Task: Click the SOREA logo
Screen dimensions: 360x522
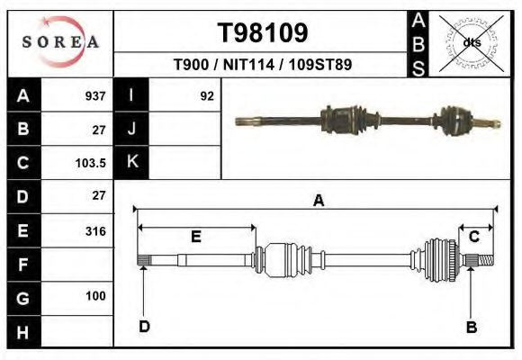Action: tap(59, 41)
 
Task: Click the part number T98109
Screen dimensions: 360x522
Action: tap(263, 33)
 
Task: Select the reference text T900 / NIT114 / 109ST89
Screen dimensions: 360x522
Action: tap(263, 65)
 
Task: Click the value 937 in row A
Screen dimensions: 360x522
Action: tap(94, 95)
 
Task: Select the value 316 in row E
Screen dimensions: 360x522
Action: tap(94, 231)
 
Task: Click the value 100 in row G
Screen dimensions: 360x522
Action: tap(94, 296)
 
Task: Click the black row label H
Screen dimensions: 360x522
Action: tap(23, 332)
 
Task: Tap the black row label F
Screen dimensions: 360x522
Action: tap(23, 265)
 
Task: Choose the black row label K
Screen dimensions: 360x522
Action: tap(132, 163)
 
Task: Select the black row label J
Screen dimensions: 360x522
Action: tap(132, 129)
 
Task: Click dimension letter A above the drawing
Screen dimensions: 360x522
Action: tap(318, 202)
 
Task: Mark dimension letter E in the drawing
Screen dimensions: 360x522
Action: tap(195, 237)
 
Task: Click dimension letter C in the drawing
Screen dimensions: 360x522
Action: tap(473, 236)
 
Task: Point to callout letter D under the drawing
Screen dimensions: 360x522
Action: tap(143, 326)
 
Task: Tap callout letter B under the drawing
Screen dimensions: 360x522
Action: tap(471, 327)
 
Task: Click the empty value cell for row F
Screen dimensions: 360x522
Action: tap(79, 265)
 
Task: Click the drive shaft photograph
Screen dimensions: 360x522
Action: tap(366, 120)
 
